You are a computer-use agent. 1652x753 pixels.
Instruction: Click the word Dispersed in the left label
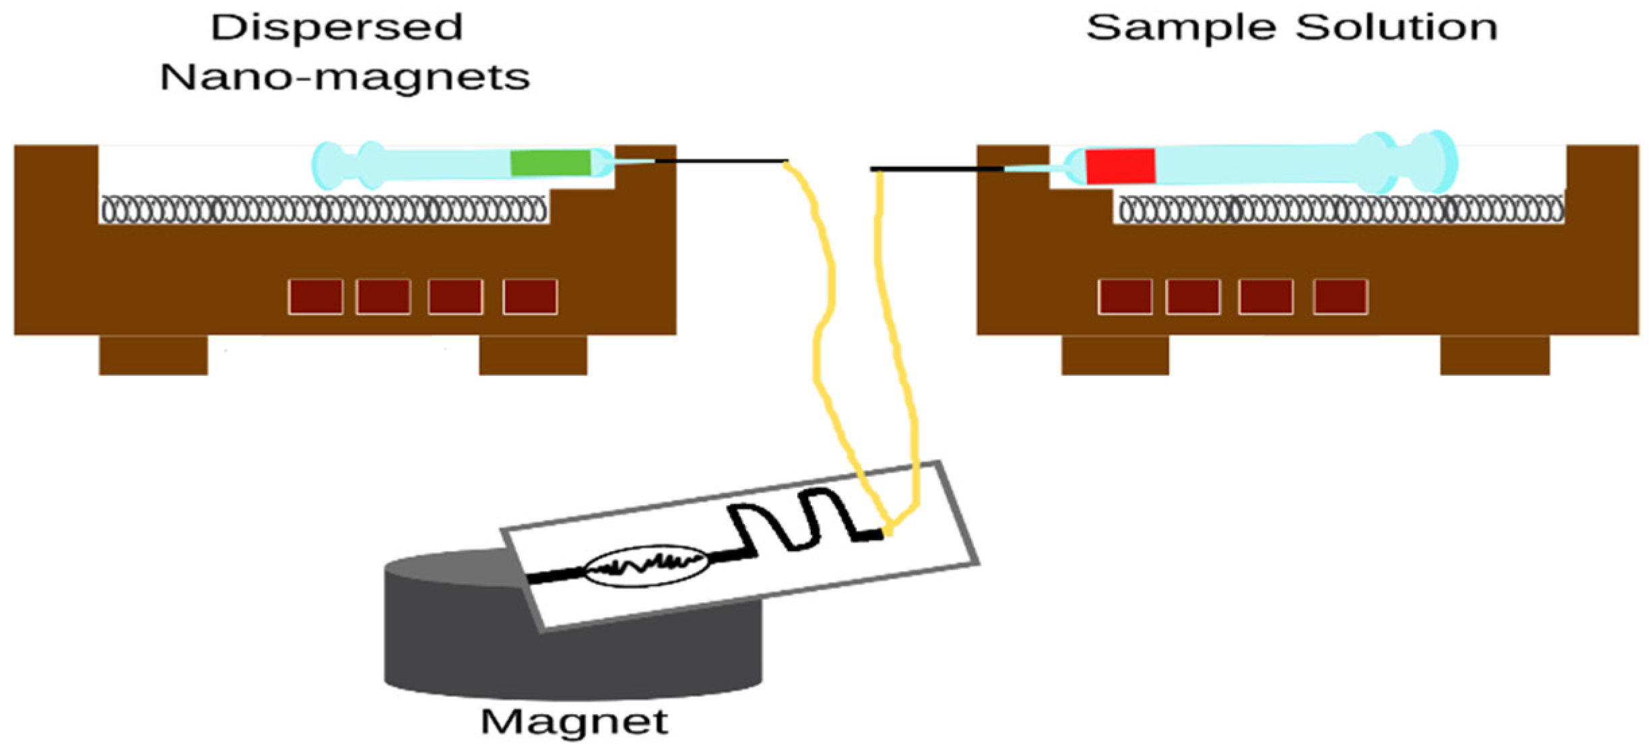coord(337,28)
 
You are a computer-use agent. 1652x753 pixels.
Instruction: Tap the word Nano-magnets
coord(345,77)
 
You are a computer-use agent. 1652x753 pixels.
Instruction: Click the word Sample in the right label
coord(1181,28)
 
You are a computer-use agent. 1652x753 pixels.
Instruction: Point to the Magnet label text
coord(574,722)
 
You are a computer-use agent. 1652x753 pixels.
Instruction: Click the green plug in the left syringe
coord(550,163)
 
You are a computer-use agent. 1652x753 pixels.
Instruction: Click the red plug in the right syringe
coord(1120,166)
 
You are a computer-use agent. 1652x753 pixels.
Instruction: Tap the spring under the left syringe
coord(323,209)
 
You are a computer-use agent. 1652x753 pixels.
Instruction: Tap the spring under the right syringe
coord(1340,209)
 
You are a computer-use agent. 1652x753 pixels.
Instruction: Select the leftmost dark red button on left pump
coord(315,296)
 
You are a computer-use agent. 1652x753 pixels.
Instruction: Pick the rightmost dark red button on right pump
coord(1340,296)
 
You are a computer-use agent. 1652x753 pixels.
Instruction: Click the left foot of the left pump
coord(154,355)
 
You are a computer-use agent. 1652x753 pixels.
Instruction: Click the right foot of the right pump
coord(1494,355)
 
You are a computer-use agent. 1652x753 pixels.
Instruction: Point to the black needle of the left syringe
coord(721,161)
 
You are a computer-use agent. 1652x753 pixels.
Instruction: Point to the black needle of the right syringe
coord(936,168)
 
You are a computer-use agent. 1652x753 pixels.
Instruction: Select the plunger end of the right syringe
coord(1438,162)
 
